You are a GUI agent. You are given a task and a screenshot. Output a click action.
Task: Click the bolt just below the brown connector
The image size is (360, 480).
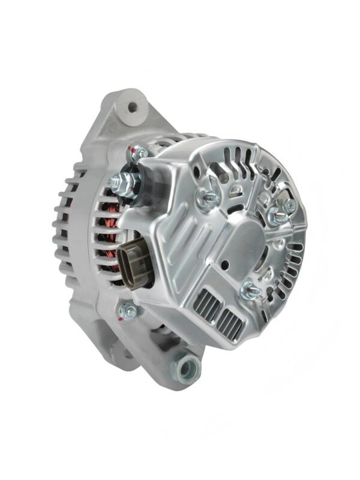pyautogui.click(x=128, y=310)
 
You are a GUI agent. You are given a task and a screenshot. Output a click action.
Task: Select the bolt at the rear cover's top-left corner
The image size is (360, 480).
pyautogui.click(x=139, y=154)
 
